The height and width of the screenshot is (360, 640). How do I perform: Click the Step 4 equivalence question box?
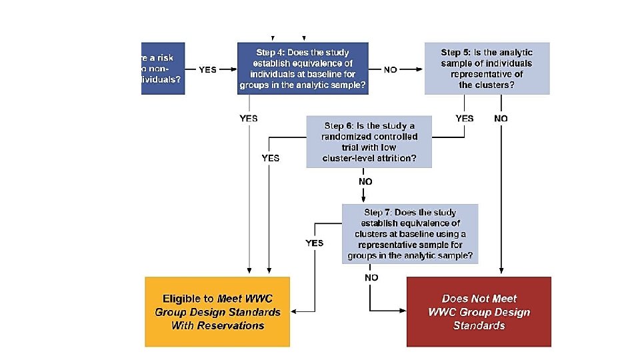tap(303, 69)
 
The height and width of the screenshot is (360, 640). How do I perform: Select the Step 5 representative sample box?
tap(487, 69)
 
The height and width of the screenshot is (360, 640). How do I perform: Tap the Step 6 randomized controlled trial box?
tap(369, 142)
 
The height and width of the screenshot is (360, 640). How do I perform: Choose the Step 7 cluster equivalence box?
tap(410, 233)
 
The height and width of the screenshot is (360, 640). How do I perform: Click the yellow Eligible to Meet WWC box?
tap(217, 312)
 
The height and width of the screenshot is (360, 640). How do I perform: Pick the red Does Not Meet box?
tap(479, 312)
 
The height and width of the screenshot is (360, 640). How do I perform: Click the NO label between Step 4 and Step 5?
tap(391, 69)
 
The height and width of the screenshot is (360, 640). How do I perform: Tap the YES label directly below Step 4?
tap(248, 119)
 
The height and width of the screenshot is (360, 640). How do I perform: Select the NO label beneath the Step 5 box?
tap(501, 119)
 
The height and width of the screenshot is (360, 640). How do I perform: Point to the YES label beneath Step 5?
tap(465, 119)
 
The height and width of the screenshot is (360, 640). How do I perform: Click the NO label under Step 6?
tap(365, 181)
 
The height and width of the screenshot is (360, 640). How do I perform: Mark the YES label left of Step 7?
tap(315, 243)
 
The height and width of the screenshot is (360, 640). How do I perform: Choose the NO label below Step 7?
tap(371, 277)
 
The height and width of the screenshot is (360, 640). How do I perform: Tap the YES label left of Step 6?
tap(271, 159)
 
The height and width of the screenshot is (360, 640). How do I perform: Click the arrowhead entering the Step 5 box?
tap(421, 69)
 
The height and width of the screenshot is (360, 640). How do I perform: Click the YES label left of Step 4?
tap(207, 69)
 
